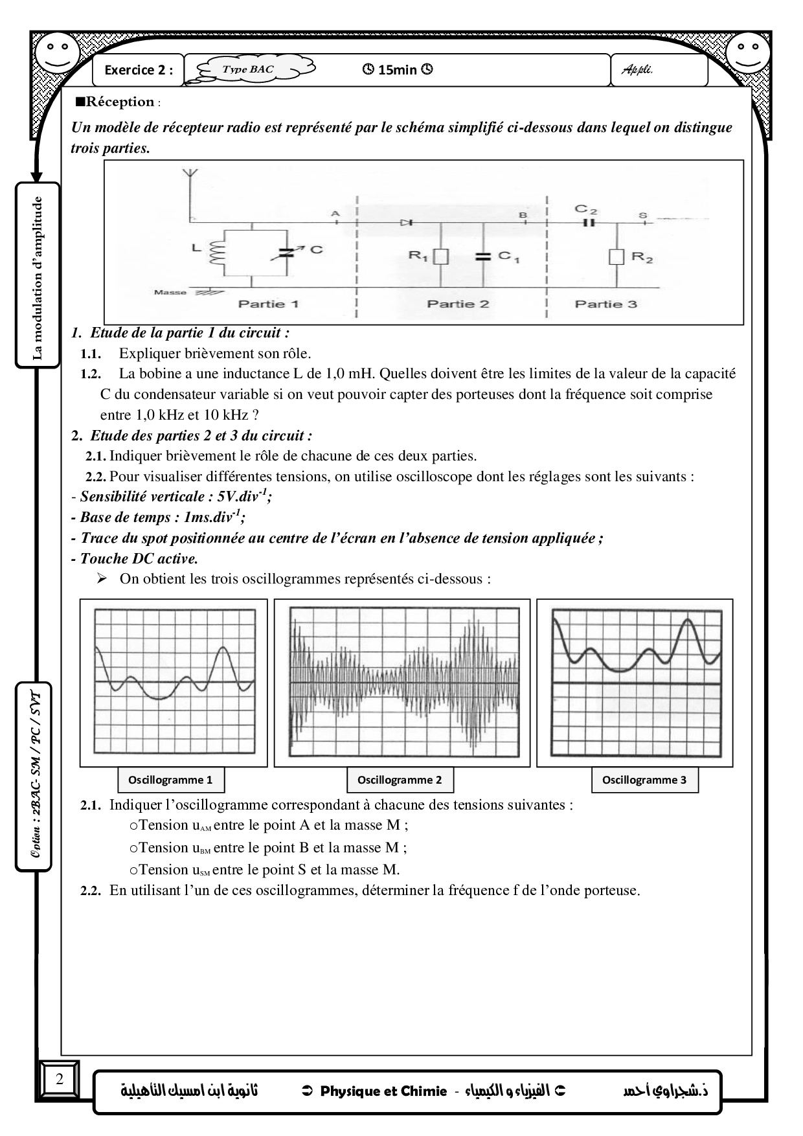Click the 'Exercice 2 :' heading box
point(139,70)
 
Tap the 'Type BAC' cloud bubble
point(248,69)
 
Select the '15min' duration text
point(397,70)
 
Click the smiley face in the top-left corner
point(57,52)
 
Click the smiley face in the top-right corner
point(747,52)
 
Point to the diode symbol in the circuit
point(407,222)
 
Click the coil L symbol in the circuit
point(214,253)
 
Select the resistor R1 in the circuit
point(441,256)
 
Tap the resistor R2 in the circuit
point(616,256)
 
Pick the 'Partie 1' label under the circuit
point(269,304)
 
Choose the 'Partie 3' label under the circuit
point(605,304)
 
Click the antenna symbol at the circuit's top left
point(189,173)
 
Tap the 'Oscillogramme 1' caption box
point(170,780)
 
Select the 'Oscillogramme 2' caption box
point(400,780)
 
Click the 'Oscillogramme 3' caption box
point(644,780)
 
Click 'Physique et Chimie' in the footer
point(383,1091)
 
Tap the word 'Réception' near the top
point(120,102)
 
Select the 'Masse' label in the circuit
point(170,292)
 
